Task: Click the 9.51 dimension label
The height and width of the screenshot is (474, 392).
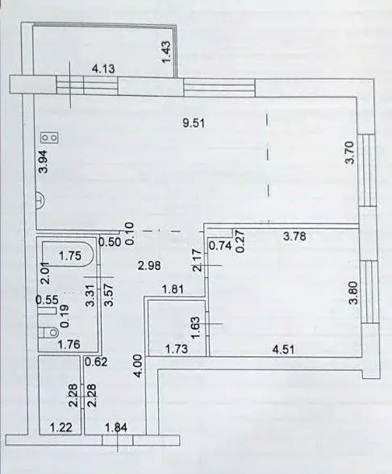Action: (192, 123)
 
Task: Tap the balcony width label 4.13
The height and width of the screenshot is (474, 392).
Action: (104, 69)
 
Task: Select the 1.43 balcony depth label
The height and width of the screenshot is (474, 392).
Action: (167, 52)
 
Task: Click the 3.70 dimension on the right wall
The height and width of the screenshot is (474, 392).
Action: (349, 153)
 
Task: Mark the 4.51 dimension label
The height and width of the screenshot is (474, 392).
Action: (282, 349)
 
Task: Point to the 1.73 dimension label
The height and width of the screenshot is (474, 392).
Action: (176, 349)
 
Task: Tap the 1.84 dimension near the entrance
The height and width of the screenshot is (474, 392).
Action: (119, 427)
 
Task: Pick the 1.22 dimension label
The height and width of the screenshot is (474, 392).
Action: (60, 427)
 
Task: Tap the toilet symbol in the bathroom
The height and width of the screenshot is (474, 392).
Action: (48, 329)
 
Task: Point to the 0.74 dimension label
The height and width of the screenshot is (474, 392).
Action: (219, 247)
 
